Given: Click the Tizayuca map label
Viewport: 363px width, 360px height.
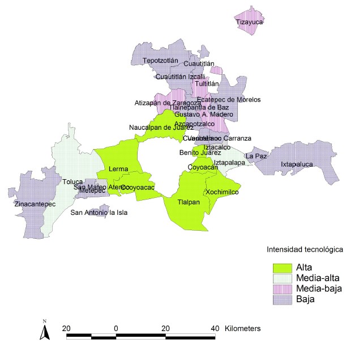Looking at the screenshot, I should [x=250, y=23].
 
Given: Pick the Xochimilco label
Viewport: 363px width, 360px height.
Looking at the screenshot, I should [x=223, y=192].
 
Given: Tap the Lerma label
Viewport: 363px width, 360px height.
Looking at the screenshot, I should [x=118, y=169].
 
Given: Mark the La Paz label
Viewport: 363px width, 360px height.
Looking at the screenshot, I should [x=255, y=155].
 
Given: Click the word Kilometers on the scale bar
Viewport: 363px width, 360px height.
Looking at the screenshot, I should [x=242, y=328].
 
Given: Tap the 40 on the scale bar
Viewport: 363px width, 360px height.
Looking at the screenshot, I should [x=215, y=328].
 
